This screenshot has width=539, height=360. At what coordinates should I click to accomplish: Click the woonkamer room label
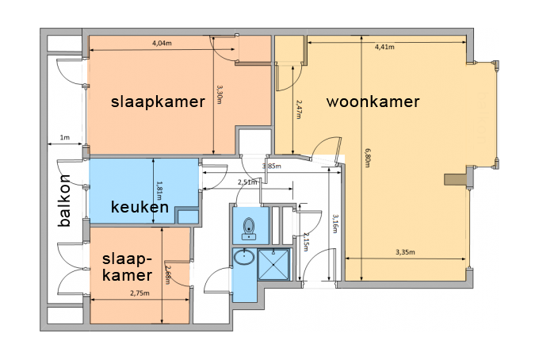pyautogui.click(x=373, y=101)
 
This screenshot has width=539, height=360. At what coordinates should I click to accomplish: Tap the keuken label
pyautogui.click(x=140, y=207)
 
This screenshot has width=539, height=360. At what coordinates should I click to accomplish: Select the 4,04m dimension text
pyautogui.click(x=162, y=44)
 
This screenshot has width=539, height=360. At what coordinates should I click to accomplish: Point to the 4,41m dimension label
pyautogui.click(x=384, y=47)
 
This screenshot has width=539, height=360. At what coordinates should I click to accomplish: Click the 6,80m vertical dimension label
pyautogui.click(x=368, y=158)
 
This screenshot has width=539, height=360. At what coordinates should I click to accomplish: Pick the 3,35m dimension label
pyautogui.click(x=405, y=252)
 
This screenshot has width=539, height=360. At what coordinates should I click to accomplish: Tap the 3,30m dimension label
pyautogui.click(x=220, y=95)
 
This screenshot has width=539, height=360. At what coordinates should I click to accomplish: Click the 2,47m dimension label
pyautogui.click(x=299, y=109)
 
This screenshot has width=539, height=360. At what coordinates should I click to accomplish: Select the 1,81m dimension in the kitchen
pyautogui.click(x=159, y=191)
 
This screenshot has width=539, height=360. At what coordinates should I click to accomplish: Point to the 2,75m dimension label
pyautogui.click(x=140, y=293)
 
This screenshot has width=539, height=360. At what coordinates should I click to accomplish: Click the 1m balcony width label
pyautogui.click(x=65, y=137)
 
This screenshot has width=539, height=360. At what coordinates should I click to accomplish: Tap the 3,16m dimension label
pyautogui.click(x=334, y=224)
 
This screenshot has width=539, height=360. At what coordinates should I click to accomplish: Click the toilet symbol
pyautogui.click(x=249, y=228)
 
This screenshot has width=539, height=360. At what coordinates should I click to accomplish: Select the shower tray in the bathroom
pyautogui.click(x=273, y=264)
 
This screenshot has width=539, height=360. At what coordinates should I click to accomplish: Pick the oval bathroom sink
pyautogui.click(x=244, y=256)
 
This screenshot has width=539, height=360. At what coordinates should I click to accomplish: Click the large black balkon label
pyautogui.click(x=64, y=201)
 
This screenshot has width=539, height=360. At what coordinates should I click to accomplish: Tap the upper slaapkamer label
pyautogui.click(x=158, y=102)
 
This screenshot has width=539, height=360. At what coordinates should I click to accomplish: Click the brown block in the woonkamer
pyautogui.click(x=455, y=179)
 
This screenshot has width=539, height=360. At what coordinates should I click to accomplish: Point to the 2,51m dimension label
pyautogui.click(x=247, y=182)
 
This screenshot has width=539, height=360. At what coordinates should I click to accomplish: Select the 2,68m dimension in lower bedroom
pyautogui.click(x=167, y=274)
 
